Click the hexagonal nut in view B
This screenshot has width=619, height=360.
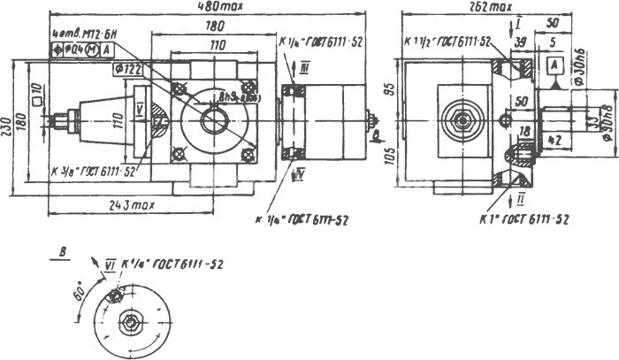click(131, 325)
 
